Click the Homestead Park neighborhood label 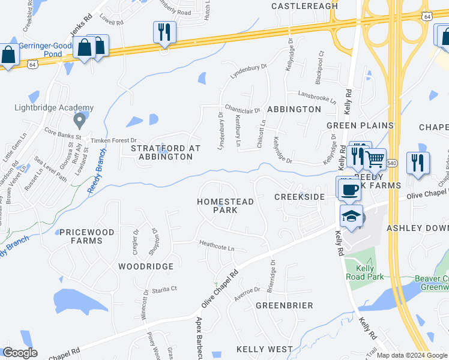pos(226,206)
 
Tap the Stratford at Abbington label pos(161,152)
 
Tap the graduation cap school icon pos(352,216)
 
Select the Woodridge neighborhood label pos(146,266)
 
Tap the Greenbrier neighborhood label pos(285,305)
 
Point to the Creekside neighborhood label pos(300,197)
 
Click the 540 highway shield pos(392,163)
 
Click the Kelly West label pos(264,349)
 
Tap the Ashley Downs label pos(417,228)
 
